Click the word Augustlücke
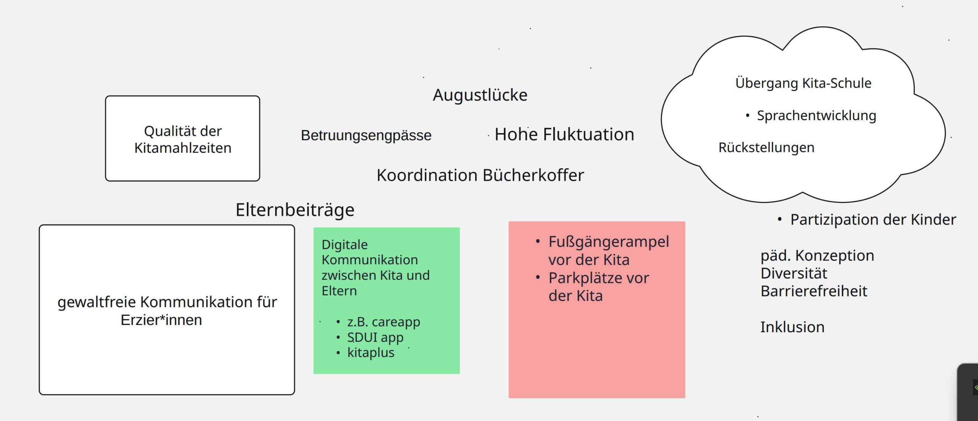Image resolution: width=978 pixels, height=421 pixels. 480,95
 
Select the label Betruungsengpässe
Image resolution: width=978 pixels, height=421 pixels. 366,135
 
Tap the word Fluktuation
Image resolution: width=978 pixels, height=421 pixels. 588,135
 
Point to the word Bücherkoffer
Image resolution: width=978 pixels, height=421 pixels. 533,175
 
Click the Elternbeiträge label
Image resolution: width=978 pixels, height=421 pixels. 295,210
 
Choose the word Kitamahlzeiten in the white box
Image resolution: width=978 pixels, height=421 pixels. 183,148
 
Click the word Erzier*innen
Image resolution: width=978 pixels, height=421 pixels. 161,320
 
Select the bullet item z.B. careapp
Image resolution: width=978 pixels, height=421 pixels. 383,322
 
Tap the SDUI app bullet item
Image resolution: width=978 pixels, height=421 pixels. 375,337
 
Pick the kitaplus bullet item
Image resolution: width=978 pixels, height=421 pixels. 371,353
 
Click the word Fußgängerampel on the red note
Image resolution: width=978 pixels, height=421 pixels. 609,242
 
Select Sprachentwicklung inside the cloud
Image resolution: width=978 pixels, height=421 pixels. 816,115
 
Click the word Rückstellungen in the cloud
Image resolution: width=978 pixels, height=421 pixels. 766,148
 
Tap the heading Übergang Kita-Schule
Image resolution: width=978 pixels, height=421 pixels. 803,83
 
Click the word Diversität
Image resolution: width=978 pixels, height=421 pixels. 793,273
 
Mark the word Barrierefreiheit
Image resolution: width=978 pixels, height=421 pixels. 814,291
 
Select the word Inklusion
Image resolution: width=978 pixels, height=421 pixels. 792,327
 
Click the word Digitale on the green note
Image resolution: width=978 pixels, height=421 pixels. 345,245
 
